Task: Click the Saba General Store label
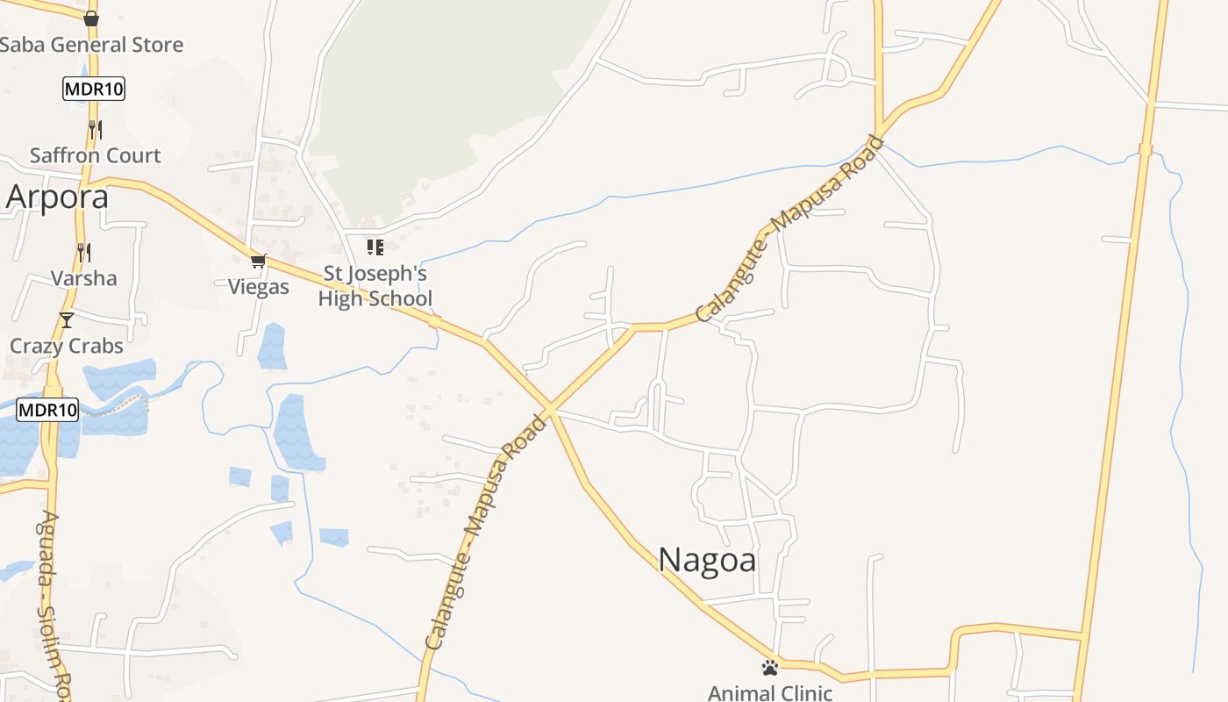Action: (x=91, y=45)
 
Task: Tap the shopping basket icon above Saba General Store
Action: (x=91, y=18)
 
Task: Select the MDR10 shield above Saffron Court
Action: (x=94, y=89)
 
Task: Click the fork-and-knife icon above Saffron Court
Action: (x=95, y=130)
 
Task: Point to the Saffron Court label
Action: (x=96, y=155)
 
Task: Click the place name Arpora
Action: (x=58, y=197)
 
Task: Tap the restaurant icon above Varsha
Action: (x=83, y=253)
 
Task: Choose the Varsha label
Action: (x=83, y=278)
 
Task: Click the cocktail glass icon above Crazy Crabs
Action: (x=67, y=319)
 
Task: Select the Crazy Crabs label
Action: (x=67, y=346)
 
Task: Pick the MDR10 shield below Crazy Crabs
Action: (x=47, y=409)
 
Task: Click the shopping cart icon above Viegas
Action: (x=258, y=261)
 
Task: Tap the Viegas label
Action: (x=259, y=287)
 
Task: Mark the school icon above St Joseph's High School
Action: (x=375, y=247)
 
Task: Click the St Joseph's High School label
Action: (x=375, y=286)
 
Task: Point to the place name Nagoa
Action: (x=707, y=560)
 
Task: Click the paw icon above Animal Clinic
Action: (x=770, y=668)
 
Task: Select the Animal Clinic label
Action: (x=770, y=693)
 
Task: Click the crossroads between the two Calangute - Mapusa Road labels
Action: (x=550, y=409)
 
